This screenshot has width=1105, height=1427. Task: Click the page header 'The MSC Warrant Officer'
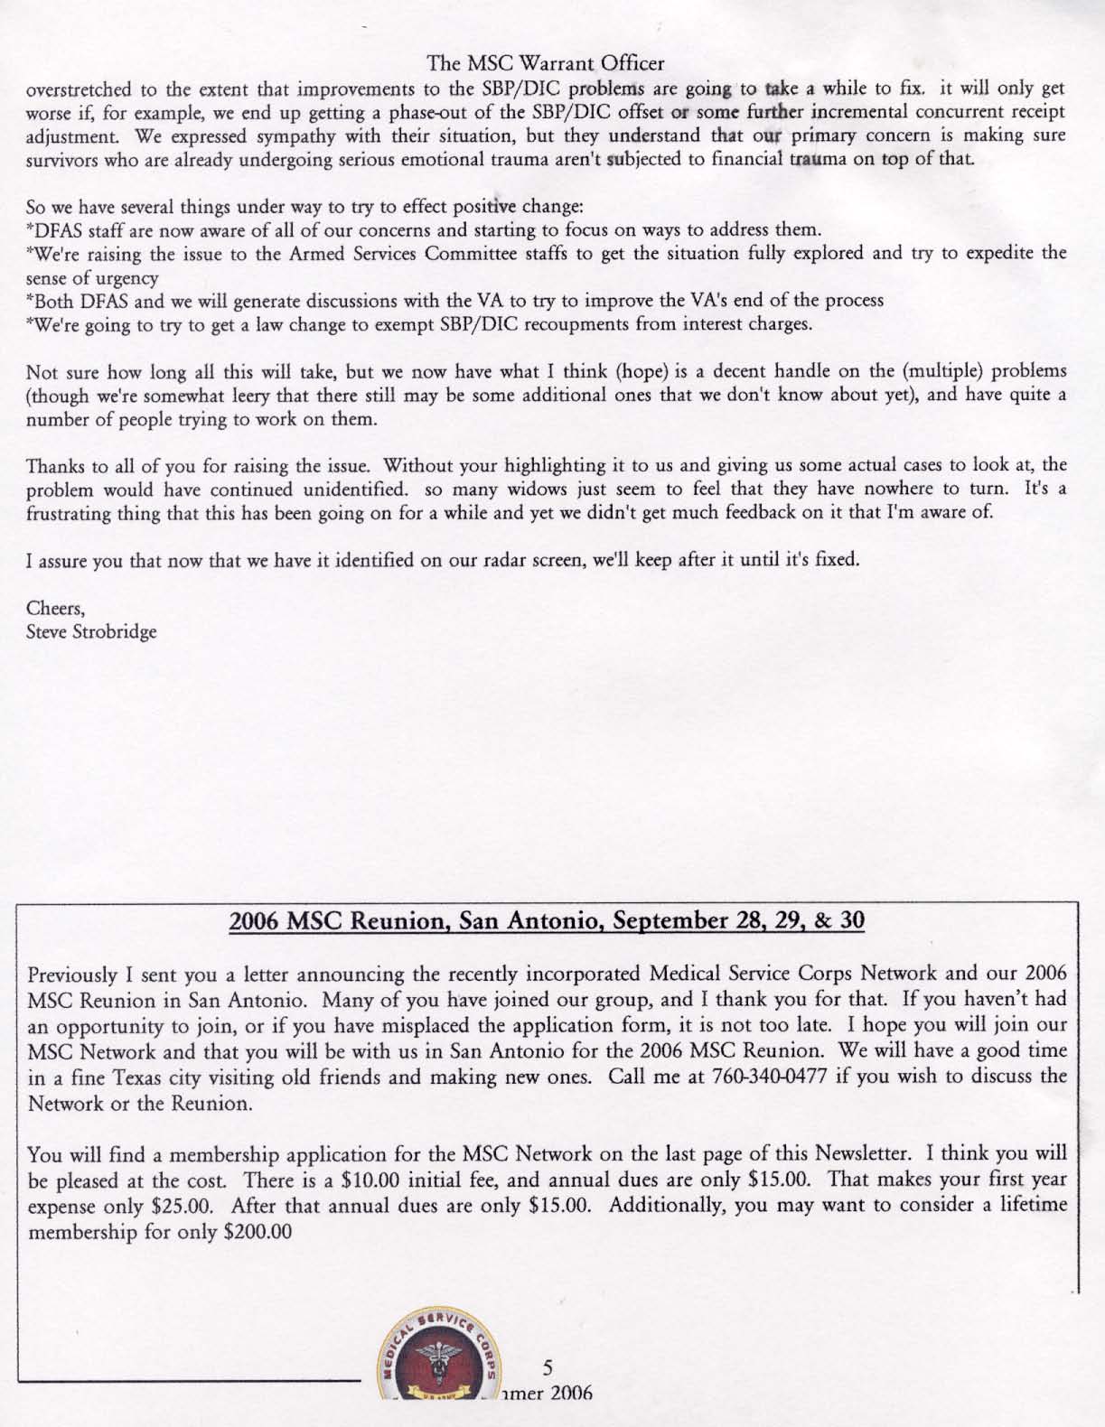coord(547,63)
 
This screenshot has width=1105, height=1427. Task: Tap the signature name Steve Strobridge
coord(92,631)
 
